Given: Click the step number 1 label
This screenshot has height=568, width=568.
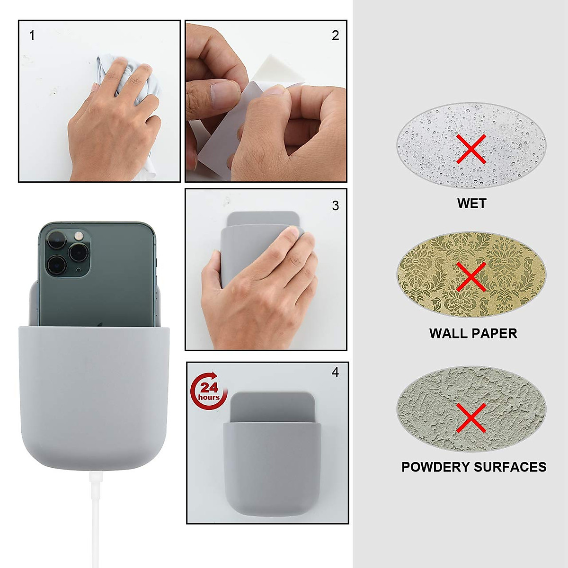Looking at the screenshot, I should pos(32,35).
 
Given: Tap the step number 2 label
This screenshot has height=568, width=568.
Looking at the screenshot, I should pos(336,35).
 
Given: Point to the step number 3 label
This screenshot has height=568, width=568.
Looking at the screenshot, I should pos(336,205).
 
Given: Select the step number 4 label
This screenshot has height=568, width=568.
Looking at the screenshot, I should pos(336,373).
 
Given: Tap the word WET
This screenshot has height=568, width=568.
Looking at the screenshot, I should pos(471,204).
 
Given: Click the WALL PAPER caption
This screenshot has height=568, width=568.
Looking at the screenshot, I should pos(473,333).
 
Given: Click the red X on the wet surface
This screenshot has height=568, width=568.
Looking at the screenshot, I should pos(471,149).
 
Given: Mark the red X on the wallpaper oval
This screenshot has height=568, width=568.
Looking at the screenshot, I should pos(471,276).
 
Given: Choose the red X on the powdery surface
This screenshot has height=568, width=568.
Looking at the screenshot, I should pos(471,417).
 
